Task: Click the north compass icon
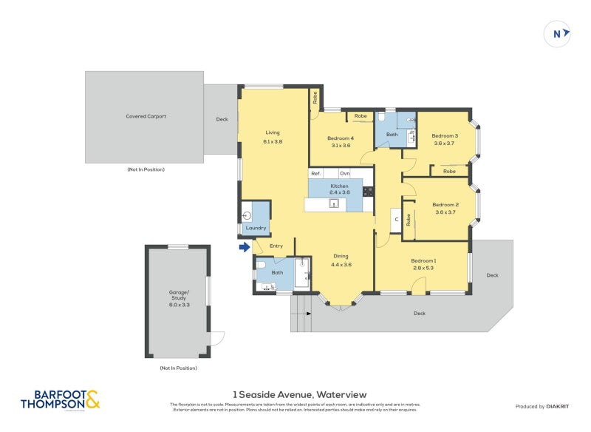pos(558,33)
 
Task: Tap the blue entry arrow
pos(244,247)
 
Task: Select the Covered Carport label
pos(146,116)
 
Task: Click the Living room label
pos(273,132)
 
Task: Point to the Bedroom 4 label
pos(341,138)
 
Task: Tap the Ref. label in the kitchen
pos(316,173)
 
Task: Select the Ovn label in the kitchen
pos(345,173)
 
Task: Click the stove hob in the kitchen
pos(369,191)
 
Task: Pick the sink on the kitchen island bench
pos(334,203)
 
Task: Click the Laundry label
pos(256,228)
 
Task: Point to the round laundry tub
pos(248,215)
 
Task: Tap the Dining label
pos(340,256)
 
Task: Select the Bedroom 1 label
pos(423,260)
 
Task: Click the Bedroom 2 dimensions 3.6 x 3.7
pos(446,212)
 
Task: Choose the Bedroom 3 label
pos(445,135)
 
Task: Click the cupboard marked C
pos(396,220)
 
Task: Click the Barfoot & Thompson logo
pos(60,400)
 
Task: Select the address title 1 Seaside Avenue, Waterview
pos(299,394)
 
